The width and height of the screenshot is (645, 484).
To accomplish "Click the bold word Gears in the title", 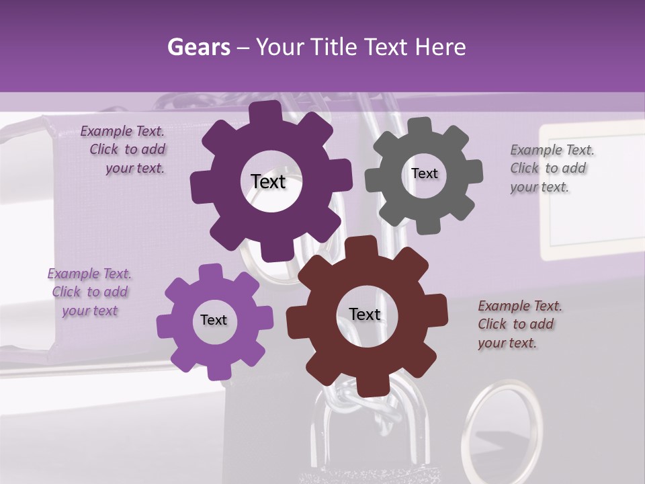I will tap(198, 47).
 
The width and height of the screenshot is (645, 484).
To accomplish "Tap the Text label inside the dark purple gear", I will tap(268, 182).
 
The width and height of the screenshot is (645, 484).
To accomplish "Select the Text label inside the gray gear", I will tap(424, 173).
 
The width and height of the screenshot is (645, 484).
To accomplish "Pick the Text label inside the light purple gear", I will tap(214, 320).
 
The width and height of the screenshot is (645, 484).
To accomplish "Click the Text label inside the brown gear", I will tap(365, 315).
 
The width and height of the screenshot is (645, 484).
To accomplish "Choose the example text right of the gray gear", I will tap(551, 169).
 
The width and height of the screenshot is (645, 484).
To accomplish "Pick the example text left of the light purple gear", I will tap(89, 292).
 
